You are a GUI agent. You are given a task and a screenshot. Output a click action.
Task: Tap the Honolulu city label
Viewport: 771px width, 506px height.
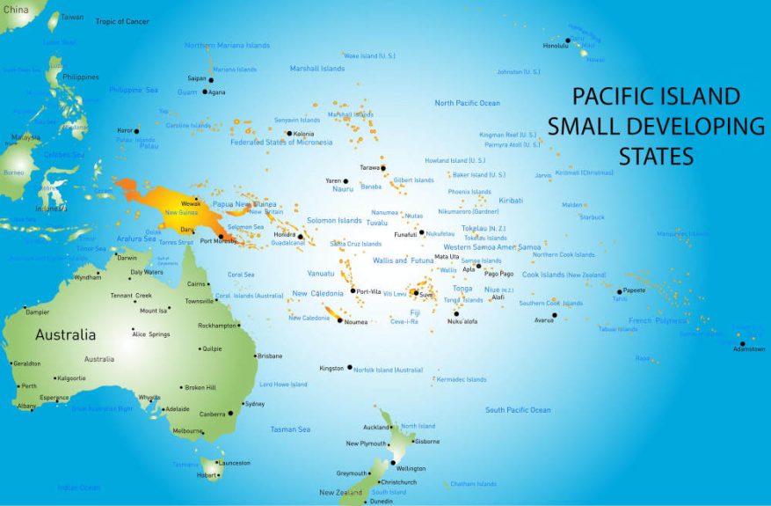tap(555, 46)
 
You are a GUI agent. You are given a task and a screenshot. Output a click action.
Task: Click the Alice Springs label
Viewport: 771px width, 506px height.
tap(151, 334)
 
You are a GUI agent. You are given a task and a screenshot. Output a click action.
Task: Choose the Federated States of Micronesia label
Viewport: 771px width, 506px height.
tap(281, 142)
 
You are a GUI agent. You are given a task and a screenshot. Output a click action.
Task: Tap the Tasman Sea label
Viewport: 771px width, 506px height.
tap(290, 429)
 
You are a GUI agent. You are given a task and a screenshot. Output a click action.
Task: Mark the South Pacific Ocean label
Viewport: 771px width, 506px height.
tap(518, 410)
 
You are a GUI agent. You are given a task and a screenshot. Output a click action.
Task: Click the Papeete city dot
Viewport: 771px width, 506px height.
tap(619, 291)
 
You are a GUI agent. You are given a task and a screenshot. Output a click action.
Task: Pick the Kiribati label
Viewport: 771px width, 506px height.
tap(511, 201)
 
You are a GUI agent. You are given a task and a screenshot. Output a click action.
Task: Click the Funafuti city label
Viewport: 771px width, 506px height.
tap(404, 234)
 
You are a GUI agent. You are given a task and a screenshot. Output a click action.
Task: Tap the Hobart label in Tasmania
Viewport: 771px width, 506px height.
tap(207, 475)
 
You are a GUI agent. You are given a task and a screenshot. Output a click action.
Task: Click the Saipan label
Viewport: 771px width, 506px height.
tap(196, 78)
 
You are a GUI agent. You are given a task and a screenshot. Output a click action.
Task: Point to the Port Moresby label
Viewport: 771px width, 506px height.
tap(217, 240)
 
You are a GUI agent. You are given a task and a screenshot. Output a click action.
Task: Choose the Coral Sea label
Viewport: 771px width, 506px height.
tap(241, 275)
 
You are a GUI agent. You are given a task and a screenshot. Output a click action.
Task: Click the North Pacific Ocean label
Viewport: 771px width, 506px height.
tap(467, 103)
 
